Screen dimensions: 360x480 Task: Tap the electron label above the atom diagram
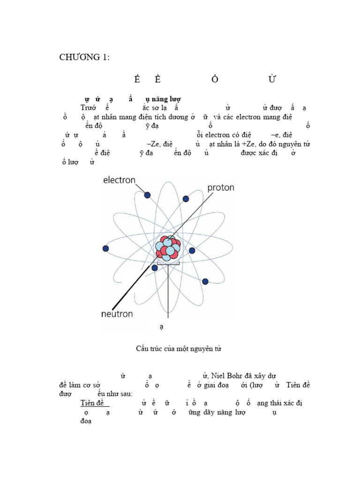click(119, 180)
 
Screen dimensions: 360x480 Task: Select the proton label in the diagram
click(220, 187)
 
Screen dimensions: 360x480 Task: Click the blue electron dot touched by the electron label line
click(147, 195)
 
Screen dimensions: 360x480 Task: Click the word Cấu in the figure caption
click(142, 349)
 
